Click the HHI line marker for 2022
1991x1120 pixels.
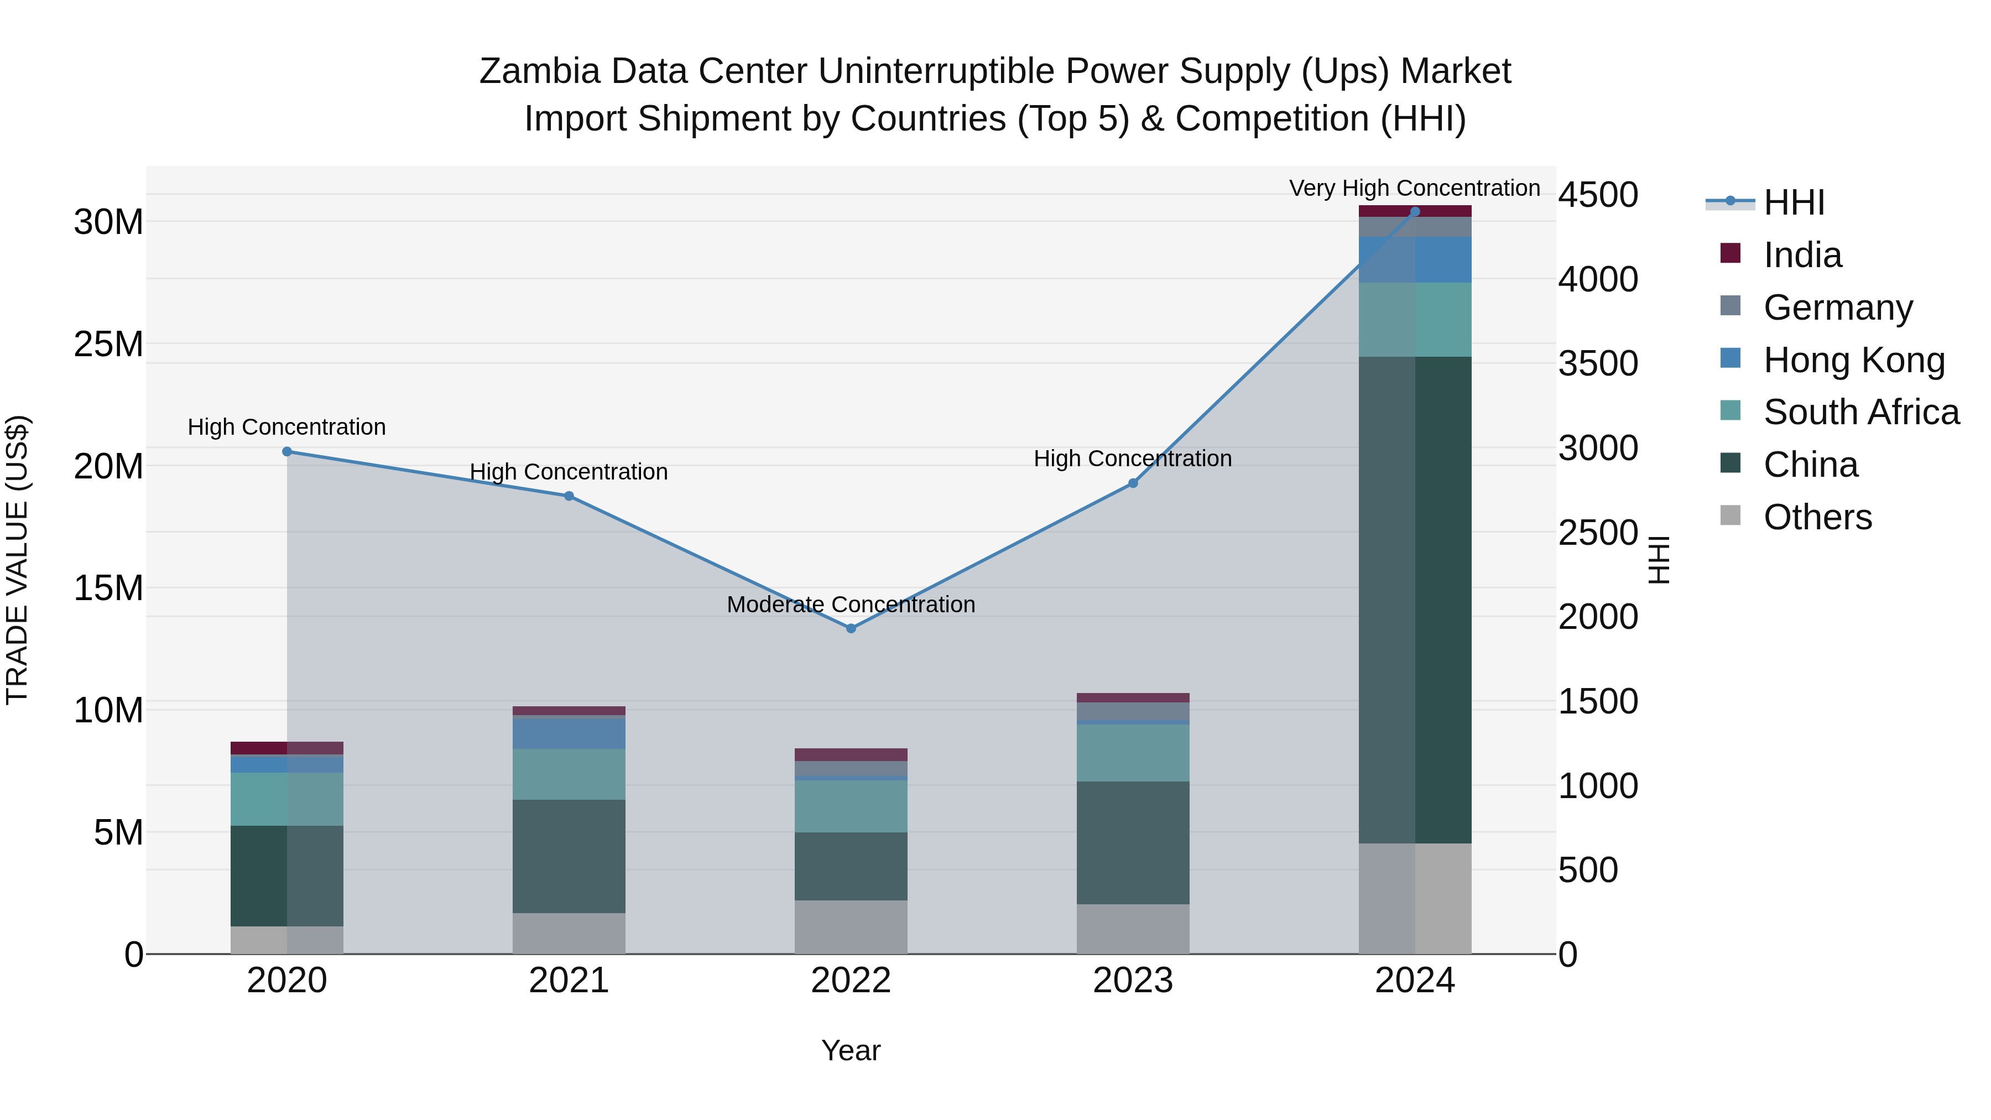851,628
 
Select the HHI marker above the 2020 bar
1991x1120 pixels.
286,451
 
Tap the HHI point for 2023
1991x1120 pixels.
1133,483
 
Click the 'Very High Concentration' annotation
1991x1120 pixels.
1414,188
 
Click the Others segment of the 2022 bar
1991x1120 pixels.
851,927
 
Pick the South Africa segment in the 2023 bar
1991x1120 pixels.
1133,753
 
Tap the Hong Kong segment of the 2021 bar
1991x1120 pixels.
569,733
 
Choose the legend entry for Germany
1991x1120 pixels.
1838,308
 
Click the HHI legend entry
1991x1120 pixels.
1793,202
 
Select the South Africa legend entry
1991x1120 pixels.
1860,412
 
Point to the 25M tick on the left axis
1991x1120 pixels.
108,344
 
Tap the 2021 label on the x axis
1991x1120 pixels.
569,981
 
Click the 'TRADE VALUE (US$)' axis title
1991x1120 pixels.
17,560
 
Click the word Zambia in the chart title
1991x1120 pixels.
539,71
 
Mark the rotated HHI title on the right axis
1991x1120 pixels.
1659,560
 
